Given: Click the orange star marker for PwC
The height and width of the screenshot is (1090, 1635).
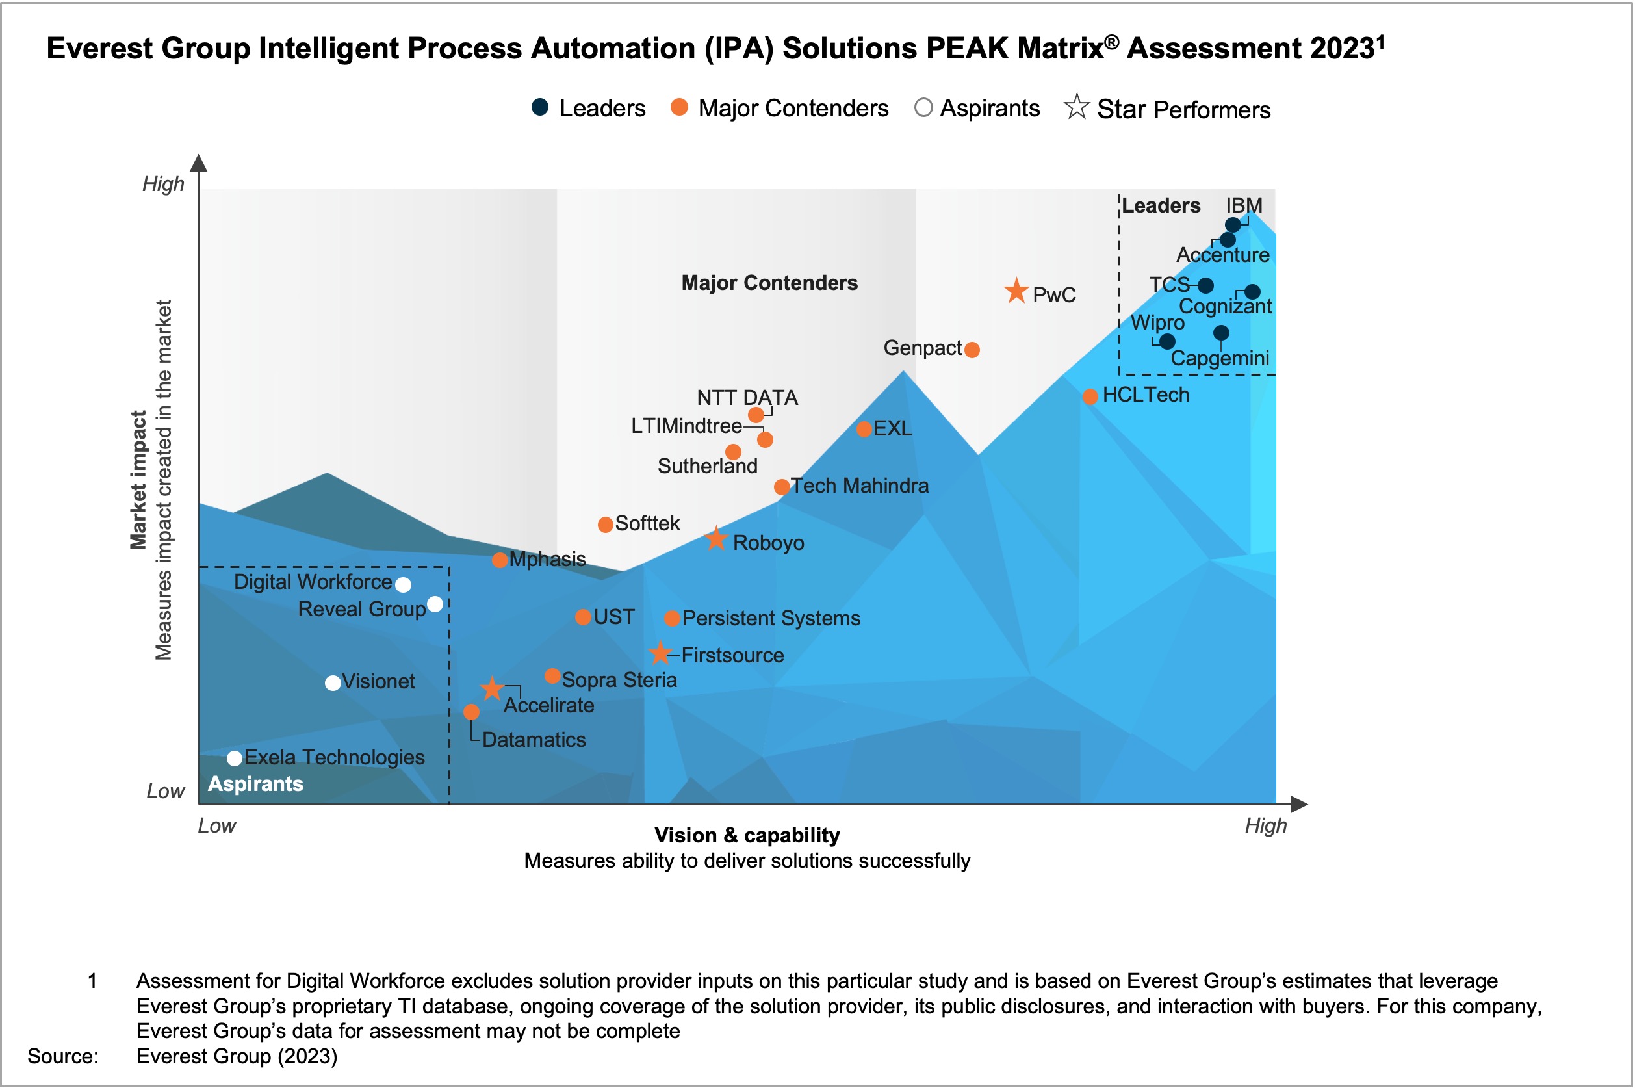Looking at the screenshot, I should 1016,291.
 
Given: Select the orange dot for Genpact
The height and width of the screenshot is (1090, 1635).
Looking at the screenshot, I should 972,350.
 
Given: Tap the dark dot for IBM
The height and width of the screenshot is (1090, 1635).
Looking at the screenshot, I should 1233,224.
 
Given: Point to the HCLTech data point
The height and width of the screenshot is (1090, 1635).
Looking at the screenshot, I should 1090,396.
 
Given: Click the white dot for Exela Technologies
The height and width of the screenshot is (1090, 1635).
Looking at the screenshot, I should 235,758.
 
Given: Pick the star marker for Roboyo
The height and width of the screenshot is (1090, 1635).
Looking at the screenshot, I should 715,539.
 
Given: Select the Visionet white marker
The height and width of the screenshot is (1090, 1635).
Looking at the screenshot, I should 333,682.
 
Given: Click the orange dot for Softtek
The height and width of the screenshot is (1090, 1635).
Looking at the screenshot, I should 605,524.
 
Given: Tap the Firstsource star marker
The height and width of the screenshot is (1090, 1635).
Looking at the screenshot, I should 660,653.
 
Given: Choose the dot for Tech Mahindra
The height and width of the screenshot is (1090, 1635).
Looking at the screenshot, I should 782,487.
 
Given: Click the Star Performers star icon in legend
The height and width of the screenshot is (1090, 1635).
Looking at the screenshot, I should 1076,107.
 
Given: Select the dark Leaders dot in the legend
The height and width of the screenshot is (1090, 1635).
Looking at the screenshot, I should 540,107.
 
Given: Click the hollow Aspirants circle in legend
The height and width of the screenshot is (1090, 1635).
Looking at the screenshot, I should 923,108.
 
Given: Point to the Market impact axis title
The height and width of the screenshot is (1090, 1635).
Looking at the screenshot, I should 138,480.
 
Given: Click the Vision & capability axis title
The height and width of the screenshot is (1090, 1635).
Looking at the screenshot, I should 747,835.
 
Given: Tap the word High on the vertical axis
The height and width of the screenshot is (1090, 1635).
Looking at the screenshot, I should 163,184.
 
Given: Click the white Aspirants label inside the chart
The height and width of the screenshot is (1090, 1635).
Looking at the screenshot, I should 255,784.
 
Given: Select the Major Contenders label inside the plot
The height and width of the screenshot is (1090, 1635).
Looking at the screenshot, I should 769,283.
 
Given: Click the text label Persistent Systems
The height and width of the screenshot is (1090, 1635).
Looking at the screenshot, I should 771,618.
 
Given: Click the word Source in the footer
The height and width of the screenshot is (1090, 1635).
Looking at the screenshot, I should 62,1056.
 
